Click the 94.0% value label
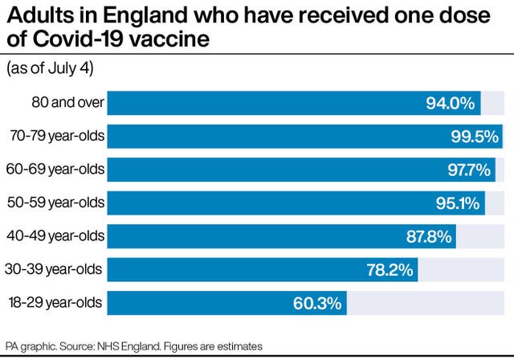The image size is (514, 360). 451,103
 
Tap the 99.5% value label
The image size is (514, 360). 474,137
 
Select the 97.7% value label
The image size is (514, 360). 467,170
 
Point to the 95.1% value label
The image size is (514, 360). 457,203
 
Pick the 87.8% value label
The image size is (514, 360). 429,237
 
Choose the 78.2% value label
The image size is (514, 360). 390,270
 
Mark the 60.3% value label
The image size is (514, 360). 319,304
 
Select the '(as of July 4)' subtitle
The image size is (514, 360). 51,70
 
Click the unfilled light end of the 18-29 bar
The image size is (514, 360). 426,303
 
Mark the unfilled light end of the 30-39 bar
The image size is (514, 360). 461,270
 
